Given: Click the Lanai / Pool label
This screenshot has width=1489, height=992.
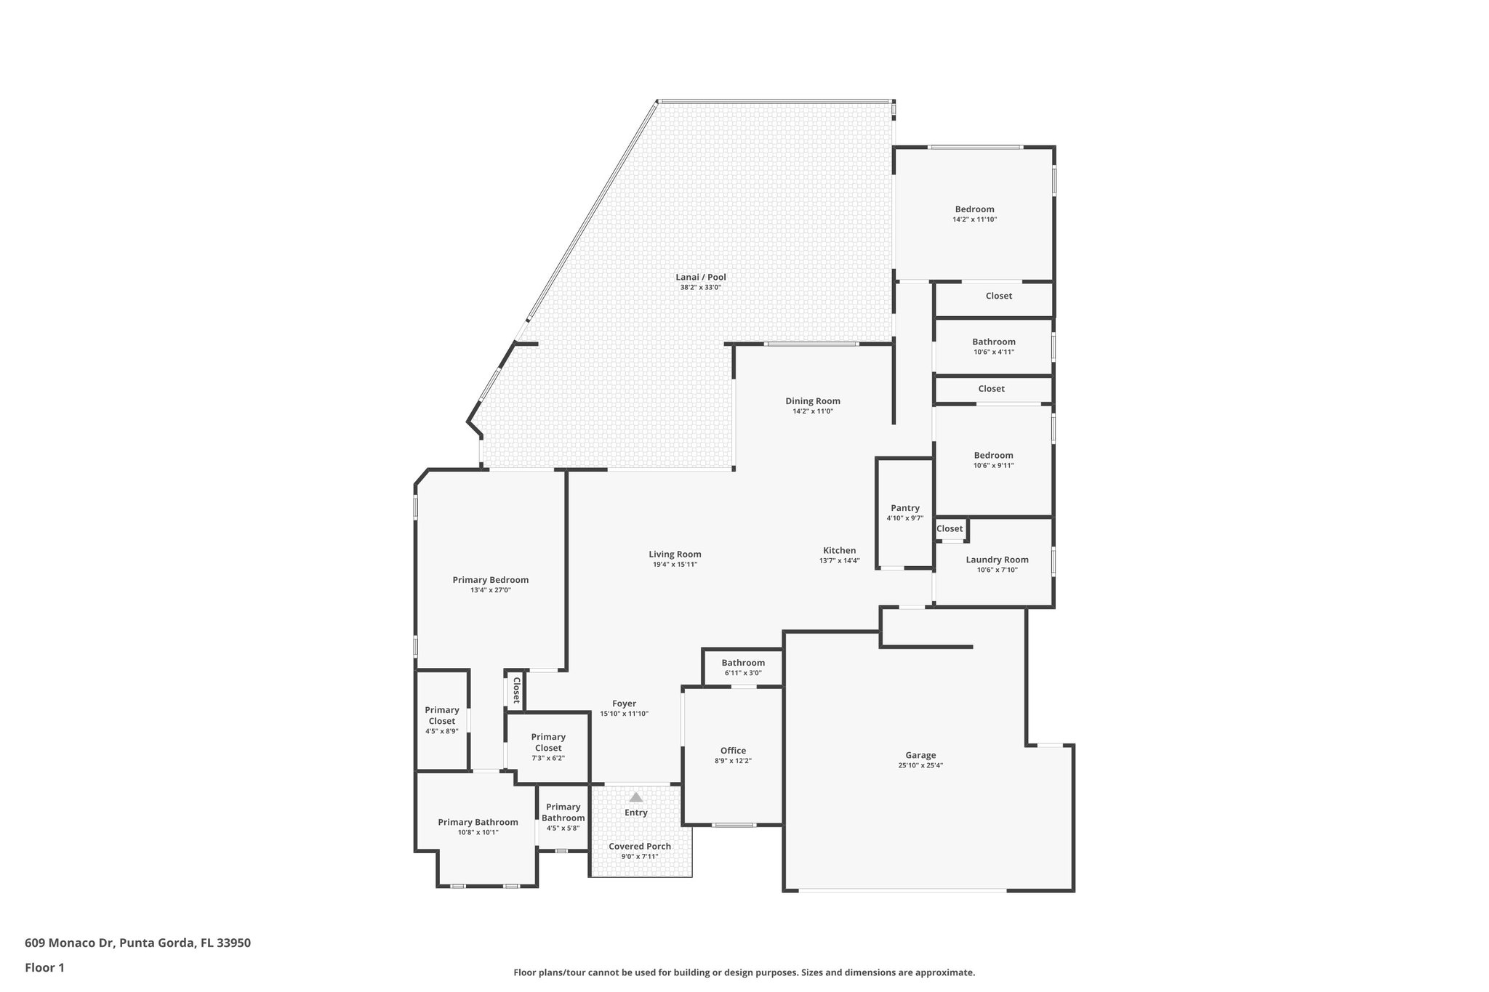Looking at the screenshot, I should tap(701, 277).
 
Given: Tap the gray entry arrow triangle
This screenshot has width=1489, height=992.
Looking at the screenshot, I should tap(636, 797).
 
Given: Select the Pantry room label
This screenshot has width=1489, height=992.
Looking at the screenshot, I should tap(905, 508).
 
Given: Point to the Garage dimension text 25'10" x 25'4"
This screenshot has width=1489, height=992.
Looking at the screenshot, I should tap(920, 765).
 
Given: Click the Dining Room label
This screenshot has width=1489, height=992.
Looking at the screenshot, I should tap(813, 401).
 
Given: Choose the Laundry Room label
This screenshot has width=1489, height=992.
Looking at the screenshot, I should tap(997, 560).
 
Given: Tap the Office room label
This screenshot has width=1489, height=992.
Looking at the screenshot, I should tap(733, 751).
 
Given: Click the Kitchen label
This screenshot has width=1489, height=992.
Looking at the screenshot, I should tap(840, 550).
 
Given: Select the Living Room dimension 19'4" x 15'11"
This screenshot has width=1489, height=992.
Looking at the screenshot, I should tap(675, 565).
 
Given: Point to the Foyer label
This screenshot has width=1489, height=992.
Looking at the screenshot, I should tap(624, 703).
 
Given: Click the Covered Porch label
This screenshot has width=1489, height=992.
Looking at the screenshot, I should tap(640, 847).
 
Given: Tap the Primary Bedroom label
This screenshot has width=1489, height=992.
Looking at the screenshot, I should tap(491, 580).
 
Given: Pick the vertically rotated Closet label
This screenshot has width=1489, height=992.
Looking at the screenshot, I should tap(516, 690).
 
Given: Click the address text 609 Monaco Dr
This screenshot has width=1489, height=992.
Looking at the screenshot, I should tap(69, 943).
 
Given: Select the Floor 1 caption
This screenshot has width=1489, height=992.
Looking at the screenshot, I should tap(45, 967).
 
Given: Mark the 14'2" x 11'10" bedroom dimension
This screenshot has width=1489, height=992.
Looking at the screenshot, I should tap(974, 219).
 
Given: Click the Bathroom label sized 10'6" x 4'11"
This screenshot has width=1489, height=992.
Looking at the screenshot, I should tap(994, 342).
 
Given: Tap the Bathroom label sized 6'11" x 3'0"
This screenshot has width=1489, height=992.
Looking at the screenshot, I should tap(743, 663).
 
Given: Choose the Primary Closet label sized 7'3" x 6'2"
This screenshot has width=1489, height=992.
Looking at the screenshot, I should tap(548, 742).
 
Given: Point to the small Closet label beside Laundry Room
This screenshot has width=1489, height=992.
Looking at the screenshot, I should tap(950, 528).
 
